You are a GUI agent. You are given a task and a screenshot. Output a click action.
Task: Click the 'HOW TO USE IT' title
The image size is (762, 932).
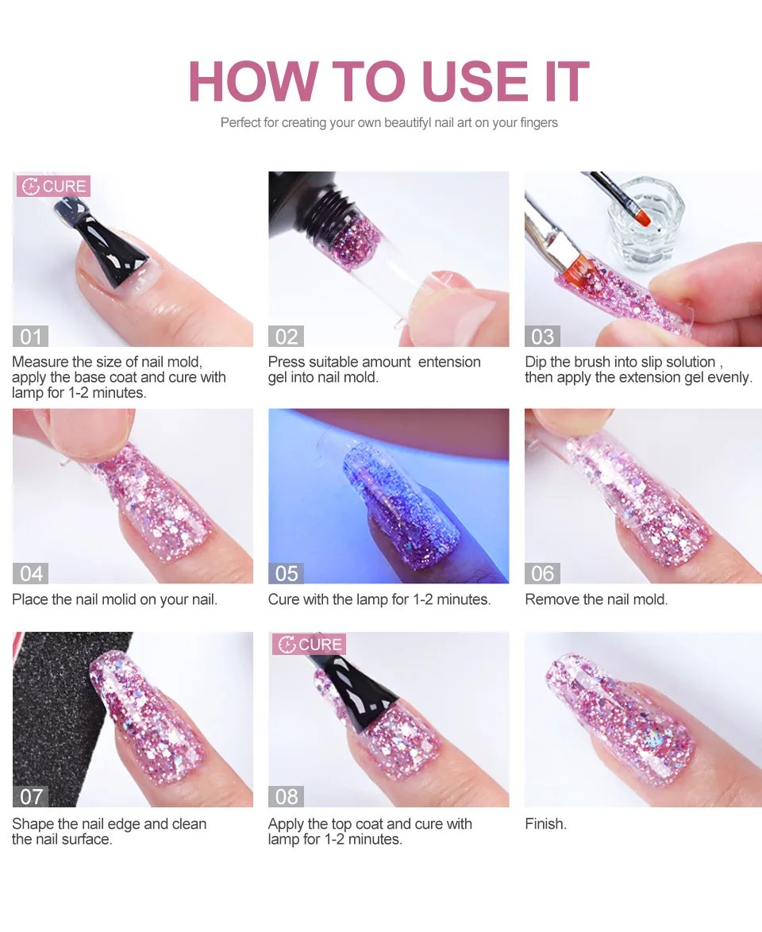[388, 81]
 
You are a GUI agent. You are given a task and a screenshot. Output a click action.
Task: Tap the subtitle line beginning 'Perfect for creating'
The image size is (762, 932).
[389, 123]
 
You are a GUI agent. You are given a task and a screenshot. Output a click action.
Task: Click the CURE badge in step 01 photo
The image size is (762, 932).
[54, 187]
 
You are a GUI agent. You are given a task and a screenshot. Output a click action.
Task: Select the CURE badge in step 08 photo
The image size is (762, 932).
[310, 644]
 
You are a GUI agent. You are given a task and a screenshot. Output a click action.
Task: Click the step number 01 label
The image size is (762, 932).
[31, 337]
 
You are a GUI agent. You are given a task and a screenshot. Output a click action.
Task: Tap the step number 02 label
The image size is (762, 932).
[287, 337]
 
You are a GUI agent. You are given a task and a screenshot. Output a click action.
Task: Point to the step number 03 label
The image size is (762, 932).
[542, 337]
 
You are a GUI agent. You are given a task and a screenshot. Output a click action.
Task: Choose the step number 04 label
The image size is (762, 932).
[31, 573]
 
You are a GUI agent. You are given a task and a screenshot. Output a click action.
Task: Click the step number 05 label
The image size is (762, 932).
[287, 573]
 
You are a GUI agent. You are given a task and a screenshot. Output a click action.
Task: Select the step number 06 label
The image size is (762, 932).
[542, 573]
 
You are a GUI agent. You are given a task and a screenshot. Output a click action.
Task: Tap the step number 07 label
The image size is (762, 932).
[31, 796]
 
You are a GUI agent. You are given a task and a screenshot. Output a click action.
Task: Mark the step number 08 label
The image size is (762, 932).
[287, 796]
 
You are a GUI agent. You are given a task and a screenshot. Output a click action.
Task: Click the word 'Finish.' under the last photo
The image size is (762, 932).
[546, 824]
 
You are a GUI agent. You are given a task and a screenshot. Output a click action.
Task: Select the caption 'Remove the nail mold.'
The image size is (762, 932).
[596, 599]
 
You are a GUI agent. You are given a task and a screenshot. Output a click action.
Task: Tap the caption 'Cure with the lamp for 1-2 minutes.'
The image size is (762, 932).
[379, 599]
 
